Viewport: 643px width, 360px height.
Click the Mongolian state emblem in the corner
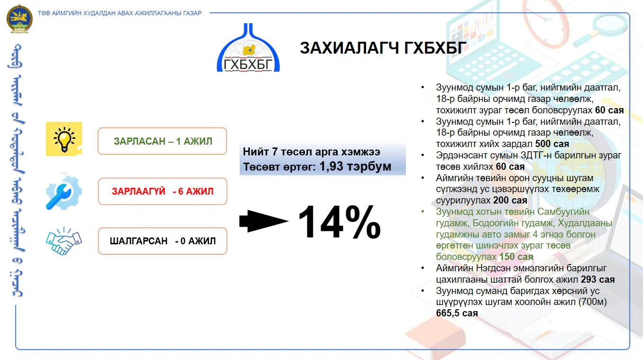click(x=19, y=18)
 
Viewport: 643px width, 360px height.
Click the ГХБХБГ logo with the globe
click(x=248, y=47)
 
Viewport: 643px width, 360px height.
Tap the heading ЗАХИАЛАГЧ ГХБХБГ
click(x=383, y=47)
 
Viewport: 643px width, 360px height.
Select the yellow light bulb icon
click(x=64, y=139)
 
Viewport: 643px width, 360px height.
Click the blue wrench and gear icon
click(x=64, y=192)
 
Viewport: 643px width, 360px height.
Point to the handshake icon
click(x=64, y=241)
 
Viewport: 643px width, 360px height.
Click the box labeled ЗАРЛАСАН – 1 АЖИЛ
click(x=162, y=141)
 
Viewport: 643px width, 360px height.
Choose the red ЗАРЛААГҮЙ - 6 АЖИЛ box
click(x=163, y=191)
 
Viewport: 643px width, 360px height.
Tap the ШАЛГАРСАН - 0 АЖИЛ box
click(x=163, y=241)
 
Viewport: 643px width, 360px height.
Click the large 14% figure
click(x=340, y=222)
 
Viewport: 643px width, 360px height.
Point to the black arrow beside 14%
click(x=264, y=221)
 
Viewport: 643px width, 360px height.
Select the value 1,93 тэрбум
click(x=355, y=166)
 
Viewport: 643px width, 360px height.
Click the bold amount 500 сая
click(x=552, y=144)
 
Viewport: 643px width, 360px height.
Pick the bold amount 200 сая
click(x=510, y=200)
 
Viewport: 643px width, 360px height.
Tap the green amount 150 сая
click(x=516, y=257)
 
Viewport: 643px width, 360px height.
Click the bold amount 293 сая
click(x=597, y=279)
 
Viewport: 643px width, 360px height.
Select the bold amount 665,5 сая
click(x=457, y=313)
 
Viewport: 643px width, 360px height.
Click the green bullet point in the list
click(x=423, y=212)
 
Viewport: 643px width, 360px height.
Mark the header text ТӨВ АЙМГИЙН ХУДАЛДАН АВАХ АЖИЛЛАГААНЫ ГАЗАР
click(x=119, y=13)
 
